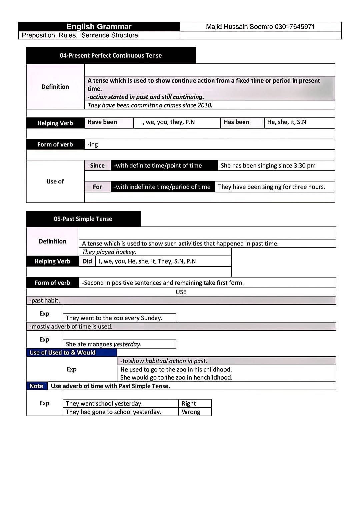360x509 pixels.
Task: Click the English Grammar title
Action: coord(99,27)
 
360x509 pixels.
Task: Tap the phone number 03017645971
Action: coord(295,27)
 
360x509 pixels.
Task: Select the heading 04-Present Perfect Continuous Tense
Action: coord(111,56)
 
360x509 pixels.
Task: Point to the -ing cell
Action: coord(93,144)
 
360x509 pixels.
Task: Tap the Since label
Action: coord(97,166)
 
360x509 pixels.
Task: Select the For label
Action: coord(97,187)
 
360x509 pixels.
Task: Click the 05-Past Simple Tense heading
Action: coord(83,219)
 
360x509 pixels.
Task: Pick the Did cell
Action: coord(87,261)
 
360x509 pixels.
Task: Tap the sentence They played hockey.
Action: coord(109,252)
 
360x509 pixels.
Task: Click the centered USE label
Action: coord(181,292)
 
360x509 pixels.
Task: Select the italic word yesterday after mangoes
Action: coord(127,344)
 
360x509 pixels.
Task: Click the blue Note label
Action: coord(36,386)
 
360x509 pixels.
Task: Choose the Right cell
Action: coord(189,403)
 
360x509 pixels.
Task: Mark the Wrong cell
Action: coord(191,412)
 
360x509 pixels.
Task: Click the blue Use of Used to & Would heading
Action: coord(63,353)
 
